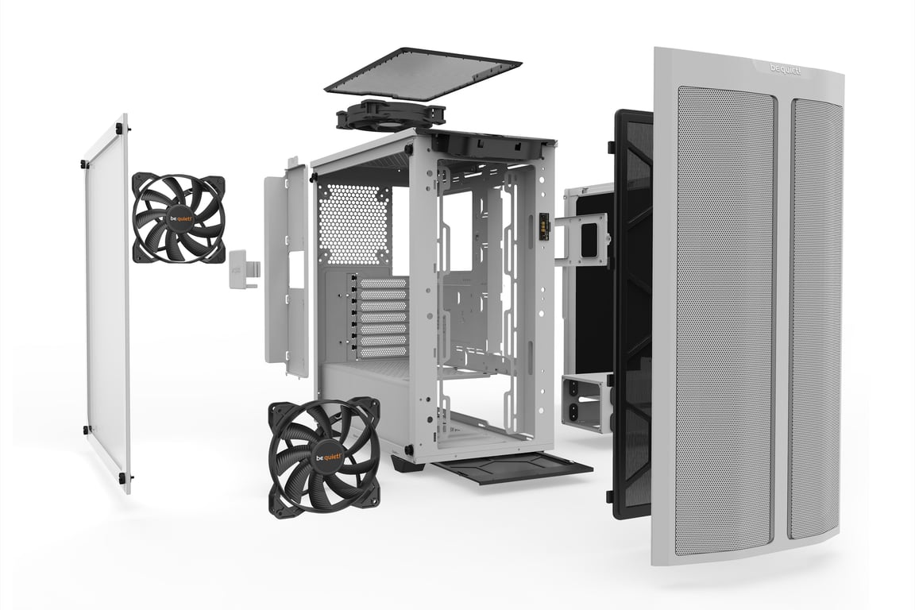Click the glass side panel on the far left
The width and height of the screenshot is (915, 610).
pos(107,302)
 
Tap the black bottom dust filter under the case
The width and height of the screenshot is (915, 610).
pos(512,467)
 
